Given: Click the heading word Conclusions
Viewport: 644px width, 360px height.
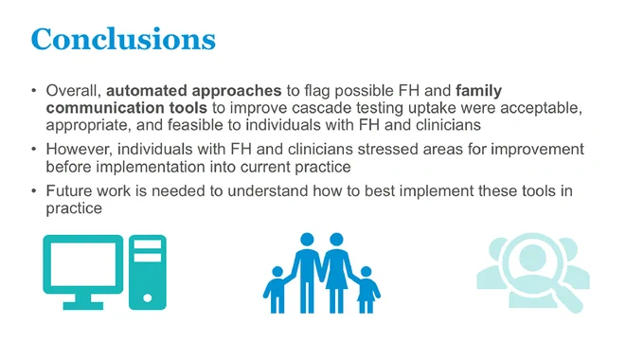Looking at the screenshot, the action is [123, 40].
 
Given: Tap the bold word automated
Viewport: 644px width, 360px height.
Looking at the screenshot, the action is [147, 90].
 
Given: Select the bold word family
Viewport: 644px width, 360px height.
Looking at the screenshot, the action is [479, 91].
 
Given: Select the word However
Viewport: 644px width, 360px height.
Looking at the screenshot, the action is [80, 150].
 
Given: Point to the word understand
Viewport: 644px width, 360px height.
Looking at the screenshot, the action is [268, 191].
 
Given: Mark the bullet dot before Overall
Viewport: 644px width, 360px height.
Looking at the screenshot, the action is [34, 91].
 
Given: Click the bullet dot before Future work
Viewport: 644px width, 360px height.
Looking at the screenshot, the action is [34, 191].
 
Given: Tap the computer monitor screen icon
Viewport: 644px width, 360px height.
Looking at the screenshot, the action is [83, 272].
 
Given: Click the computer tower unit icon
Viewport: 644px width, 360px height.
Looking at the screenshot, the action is [148, 272].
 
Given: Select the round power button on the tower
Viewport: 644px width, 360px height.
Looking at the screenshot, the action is [148, 297].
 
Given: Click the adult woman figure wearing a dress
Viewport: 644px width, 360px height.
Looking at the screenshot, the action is [336, 273].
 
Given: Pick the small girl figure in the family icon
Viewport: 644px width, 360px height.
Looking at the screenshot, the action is [366, 290].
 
